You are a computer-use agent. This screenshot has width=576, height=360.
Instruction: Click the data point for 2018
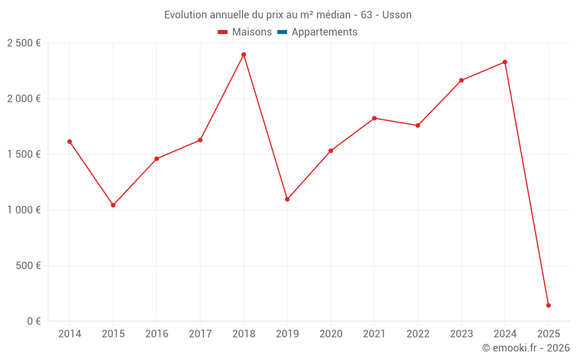coord(244,55)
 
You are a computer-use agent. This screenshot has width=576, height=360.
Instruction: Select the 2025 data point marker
coord(548,305)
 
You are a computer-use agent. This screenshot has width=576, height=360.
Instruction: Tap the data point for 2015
coord(113,205)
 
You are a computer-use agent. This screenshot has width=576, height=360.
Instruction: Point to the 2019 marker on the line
coord(287,199)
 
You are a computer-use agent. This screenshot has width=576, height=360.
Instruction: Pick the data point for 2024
coord(505,62)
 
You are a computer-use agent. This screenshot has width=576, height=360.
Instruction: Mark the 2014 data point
coord(70,142)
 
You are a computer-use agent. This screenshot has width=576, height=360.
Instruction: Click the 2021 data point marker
coord(374,118)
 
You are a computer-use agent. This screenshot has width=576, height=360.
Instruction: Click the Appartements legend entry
coord(324,32)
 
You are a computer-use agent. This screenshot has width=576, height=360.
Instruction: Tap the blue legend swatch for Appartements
coord(282,32)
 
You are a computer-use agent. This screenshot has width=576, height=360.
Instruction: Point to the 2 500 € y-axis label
coord(24,43)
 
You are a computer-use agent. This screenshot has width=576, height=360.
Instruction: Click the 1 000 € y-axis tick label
coord(24,210)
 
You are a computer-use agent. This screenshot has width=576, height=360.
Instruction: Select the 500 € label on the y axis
coord(28,266)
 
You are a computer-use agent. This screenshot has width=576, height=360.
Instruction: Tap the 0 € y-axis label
coord(32,321)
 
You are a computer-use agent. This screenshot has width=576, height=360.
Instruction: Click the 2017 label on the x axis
coord(200,334)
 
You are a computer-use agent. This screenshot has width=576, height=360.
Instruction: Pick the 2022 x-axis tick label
coord(418,334)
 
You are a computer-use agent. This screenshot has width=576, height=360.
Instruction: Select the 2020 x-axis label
coord(331,334)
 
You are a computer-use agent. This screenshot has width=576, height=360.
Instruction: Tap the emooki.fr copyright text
coord(526,348)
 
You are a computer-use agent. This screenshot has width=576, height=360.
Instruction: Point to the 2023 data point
coord(461,80)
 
